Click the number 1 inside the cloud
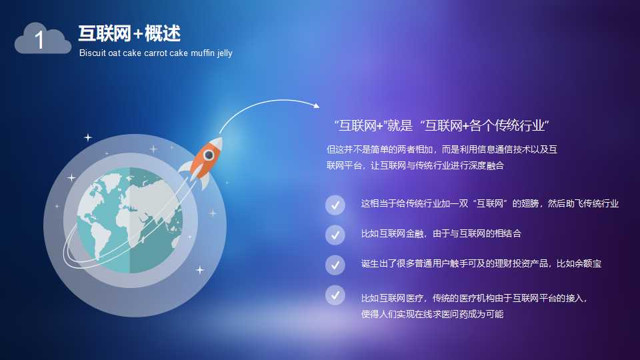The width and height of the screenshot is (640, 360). [39, 41]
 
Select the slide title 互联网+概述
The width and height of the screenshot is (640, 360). [129, 33]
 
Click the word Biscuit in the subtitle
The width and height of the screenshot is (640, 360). [92, 53]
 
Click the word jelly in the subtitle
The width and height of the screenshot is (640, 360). [225, 53]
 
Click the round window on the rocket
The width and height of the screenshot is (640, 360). [209, 155]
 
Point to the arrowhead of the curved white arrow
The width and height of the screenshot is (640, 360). [316, 105]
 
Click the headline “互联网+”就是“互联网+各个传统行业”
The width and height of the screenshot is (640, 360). [441, 125]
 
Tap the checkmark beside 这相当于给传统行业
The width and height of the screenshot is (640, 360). [335, 205]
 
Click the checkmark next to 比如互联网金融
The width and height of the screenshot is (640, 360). [335, 235]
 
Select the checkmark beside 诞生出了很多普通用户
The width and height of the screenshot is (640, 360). [335, 265]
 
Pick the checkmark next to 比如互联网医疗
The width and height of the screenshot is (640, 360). [335, 295]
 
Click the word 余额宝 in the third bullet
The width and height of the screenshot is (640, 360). [588, 264]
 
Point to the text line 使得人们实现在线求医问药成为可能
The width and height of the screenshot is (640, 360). [432, 314]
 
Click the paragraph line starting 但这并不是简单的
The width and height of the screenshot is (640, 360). [442, 150]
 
